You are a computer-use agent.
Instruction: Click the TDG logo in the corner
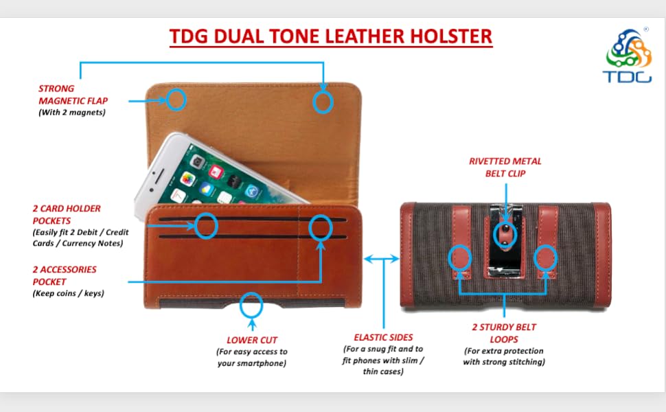628,55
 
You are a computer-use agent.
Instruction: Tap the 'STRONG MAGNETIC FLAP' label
73,95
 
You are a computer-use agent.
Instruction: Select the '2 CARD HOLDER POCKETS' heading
67,214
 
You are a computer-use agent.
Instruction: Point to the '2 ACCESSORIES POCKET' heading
65,275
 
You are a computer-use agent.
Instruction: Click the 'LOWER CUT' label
252,340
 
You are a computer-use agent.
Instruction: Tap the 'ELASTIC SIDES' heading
383,337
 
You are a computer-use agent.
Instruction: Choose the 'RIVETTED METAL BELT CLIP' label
505,168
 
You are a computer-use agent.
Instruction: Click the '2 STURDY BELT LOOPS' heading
504,333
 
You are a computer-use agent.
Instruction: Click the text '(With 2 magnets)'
72,113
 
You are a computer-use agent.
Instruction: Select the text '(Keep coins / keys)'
69,293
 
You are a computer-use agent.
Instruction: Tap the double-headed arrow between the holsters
382,258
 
